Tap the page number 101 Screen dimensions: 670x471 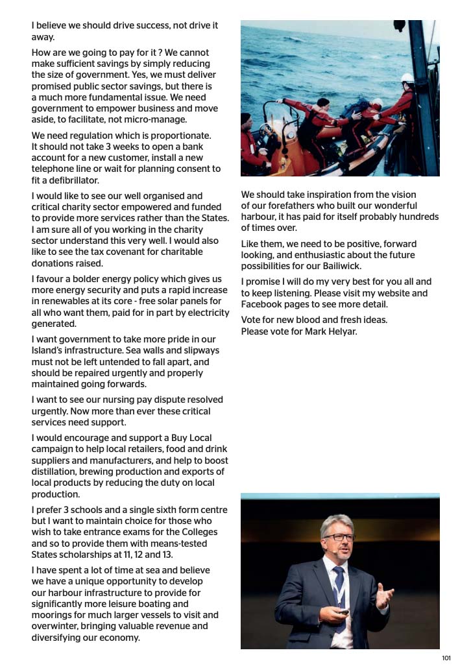[x=446, y=658]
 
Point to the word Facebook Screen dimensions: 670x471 [x=263, y=304]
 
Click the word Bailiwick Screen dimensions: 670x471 [x=344, y=267]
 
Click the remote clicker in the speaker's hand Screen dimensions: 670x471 [x=344, y=611]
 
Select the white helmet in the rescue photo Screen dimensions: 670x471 [x=407, y=78]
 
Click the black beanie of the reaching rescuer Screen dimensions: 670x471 [x=322, y=102]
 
